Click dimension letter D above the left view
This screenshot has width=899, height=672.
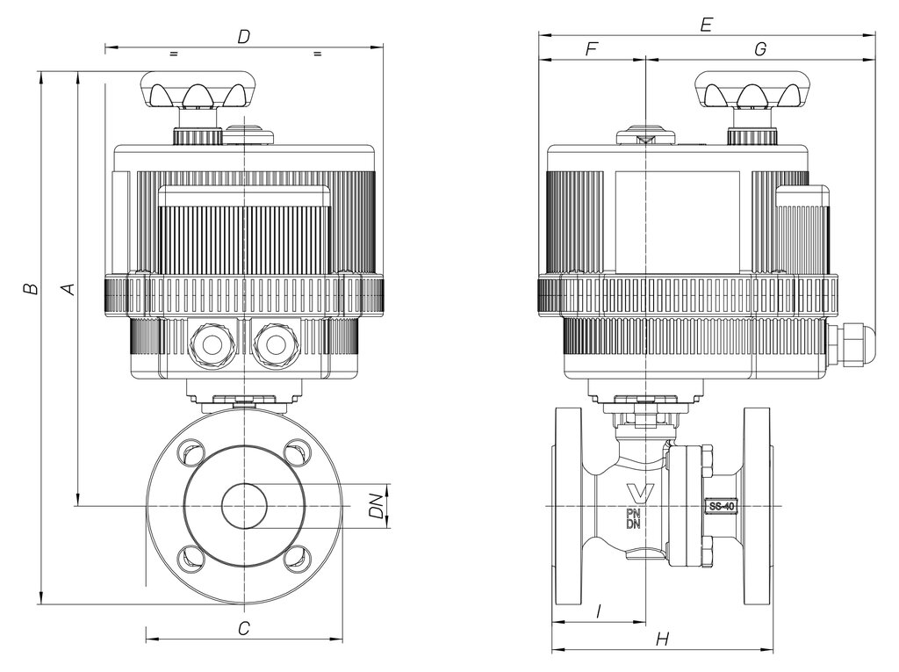pyautogui.click(x=244, y=37)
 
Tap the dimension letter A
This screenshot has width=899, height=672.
pyautogui.click(x=68, y=288)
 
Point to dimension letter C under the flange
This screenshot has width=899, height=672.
pyautogui.click(x=244, y=628)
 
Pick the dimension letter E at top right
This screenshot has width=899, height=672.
pyautogui.click(x=707, y=25)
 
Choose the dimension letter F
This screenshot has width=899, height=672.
pyautogui.click(x=591, y=49)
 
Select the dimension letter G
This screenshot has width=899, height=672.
pyautogui.click(x=760, y=49)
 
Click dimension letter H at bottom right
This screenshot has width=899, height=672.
pyautogui.click(x=662, y=639)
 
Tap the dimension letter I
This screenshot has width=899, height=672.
pyautogui.click(x=599, y=612)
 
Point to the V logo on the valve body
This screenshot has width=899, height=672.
pyautogui.click(x=640, y=494)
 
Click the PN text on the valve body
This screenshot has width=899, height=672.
pyautogui.click(x=633, y=513)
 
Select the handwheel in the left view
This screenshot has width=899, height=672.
pyautogui.click(x=198, y=90)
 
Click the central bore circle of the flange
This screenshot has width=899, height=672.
pyautogui.click(x=244, y=506)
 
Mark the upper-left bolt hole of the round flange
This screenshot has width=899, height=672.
pyautogui.click(x=190, y=451)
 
